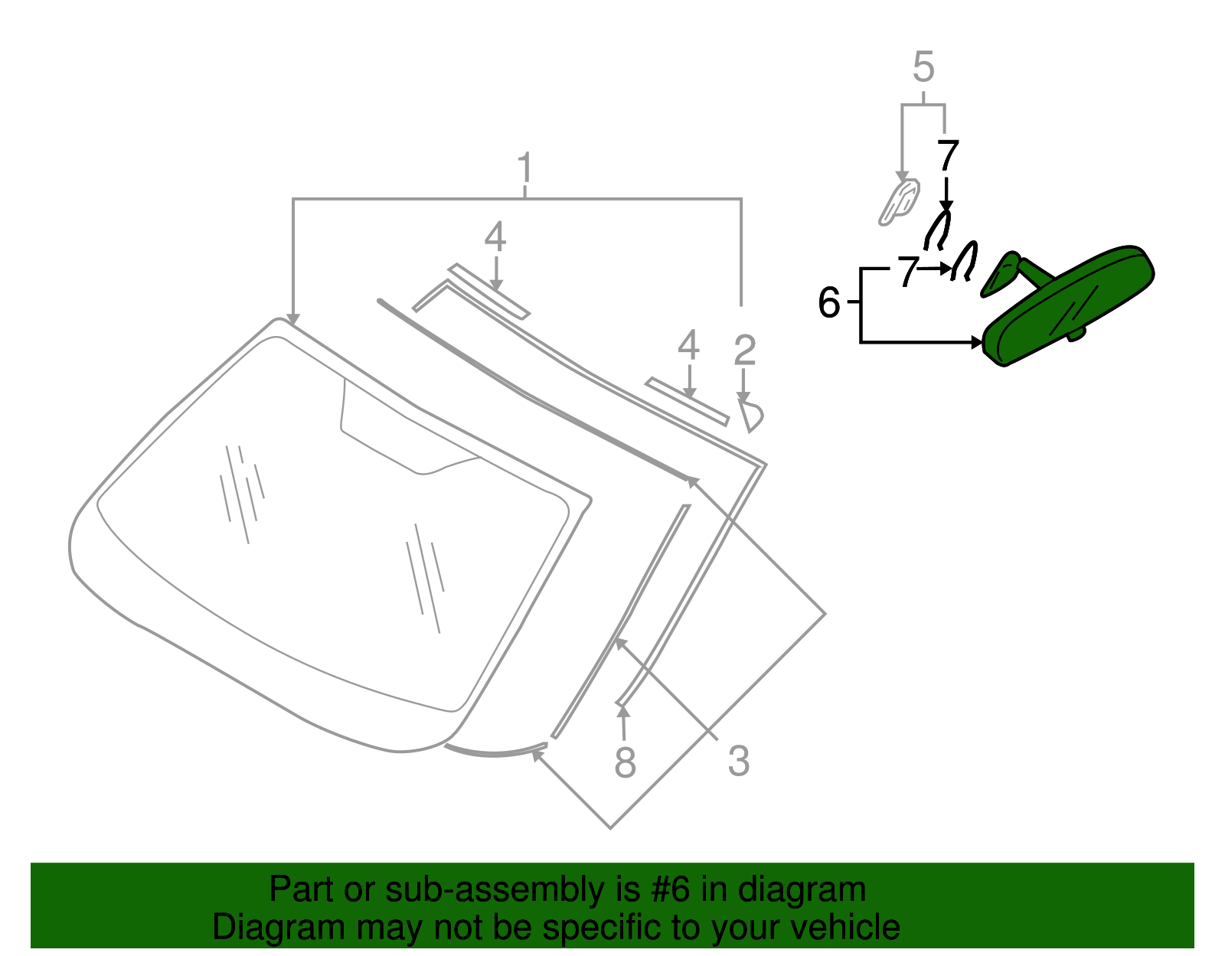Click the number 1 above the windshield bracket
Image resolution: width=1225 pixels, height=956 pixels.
tap(524, 169)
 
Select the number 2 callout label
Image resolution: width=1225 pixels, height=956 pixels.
tap(744, 351)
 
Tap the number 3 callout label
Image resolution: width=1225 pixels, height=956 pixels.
tap(738, 761)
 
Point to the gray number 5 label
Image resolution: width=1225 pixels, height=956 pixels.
tap(923, 67)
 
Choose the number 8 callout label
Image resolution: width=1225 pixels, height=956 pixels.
tap(625, 762)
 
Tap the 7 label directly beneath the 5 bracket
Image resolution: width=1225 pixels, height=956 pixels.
tap(948, 155)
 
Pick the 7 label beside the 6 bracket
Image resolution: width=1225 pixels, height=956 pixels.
tap(907, 272)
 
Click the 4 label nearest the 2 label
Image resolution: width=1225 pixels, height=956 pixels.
tap(688, 345)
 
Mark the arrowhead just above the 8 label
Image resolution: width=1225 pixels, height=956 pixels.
tap(623, 711)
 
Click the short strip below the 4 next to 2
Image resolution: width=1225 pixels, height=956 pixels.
tap(687, 400)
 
